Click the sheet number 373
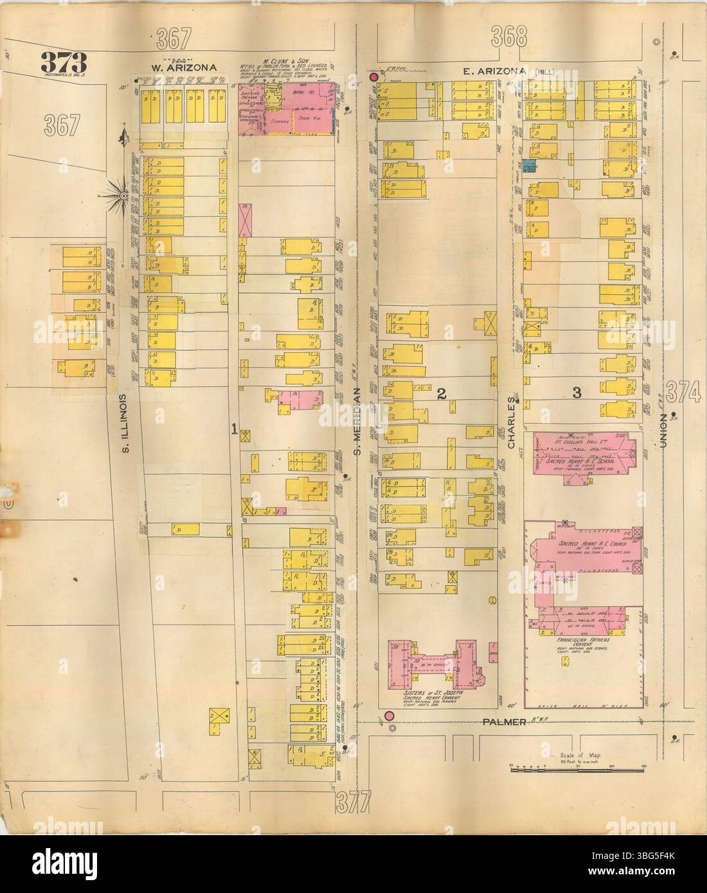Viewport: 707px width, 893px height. (64, 62)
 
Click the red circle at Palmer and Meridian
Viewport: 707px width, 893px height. (389, 716)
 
